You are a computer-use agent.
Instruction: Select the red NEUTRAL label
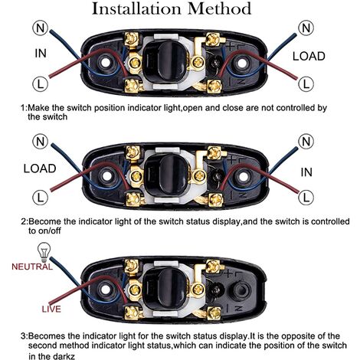[x=32, y=267]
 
